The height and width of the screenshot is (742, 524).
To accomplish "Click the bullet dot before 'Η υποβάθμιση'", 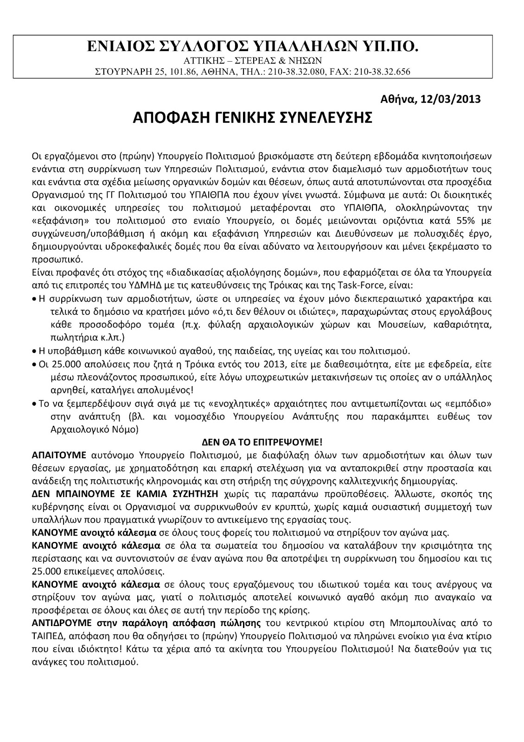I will tap(35, 350).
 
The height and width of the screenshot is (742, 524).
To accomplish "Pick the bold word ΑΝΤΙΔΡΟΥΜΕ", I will tap(58, 621).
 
